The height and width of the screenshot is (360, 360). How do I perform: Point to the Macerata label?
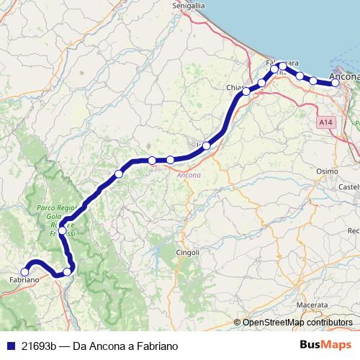[x=311, y=305]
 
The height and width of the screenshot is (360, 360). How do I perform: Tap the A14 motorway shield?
[x=327, y=123]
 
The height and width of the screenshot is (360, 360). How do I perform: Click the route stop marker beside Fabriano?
[x=24, y=272]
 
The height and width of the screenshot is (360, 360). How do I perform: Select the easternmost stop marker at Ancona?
[x=335, y=84]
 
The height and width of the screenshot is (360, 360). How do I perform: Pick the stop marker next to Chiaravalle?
[x=246, y=91]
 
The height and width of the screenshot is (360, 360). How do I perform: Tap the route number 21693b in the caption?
[x=40, y=346]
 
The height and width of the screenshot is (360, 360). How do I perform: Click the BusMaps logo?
[x=326, y=346]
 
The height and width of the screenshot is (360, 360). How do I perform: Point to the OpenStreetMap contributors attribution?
[x=297, y=323]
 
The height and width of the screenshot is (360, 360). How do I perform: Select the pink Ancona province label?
[x=189, y=175]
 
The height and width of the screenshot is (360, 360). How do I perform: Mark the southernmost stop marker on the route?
[x=67, y=271]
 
